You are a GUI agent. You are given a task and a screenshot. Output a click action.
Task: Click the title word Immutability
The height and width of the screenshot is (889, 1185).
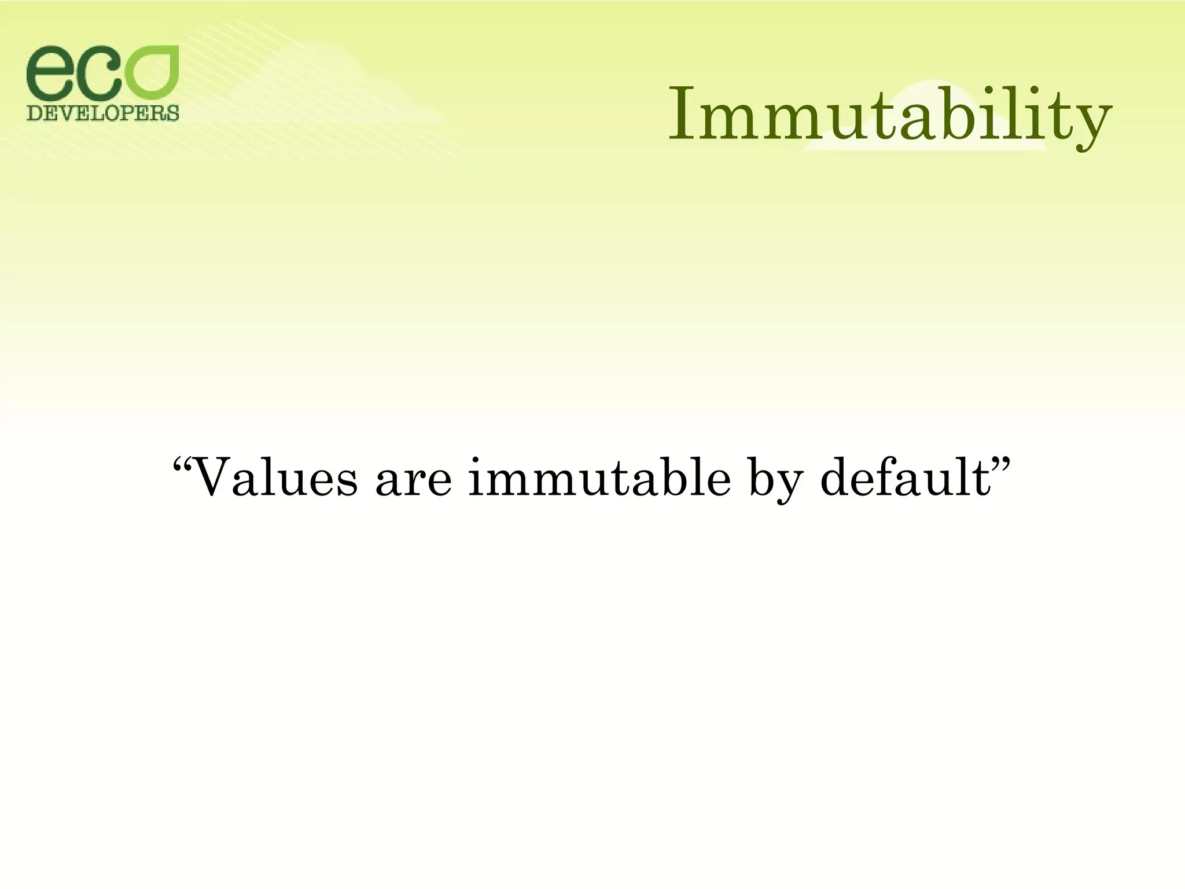point(890,116)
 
